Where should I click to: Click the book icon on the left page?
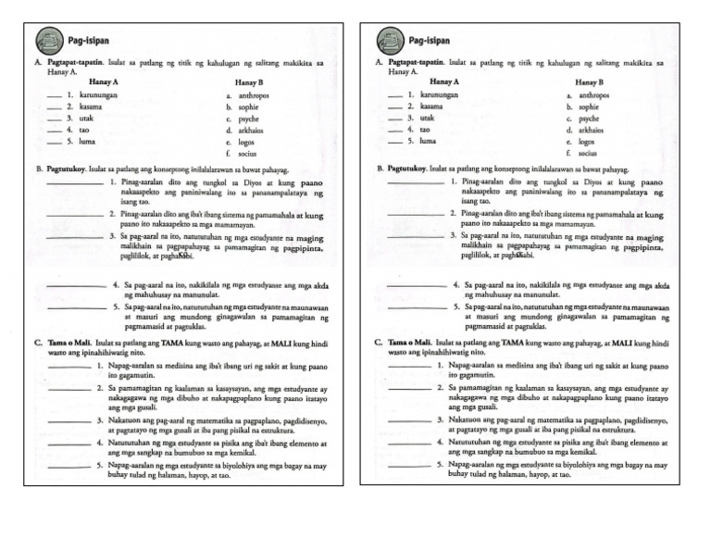tap(48, 41)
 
